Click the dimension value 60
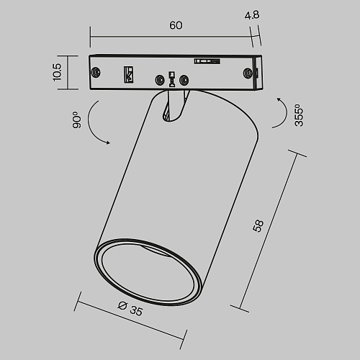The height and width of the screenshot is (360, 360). pyautogui.click(x=176, y=25)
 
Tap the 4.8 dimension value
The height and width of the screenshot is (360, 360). pyautogui.click(x=252, y=15)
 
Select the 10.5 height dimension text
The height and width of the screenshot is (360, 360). pyautogui.click(x=57, y=72)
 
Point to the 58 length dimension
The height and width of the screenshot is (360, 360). pyautogui.click(x=258, y=226)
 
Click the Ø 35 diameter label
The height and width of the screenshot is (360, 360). pyautogui.click(x=130, y=309)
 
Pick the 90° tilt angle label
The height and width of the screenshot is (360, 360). pyautogui.click(x=77, y=120)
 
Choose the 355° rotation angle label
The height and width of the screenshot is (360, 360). pyautogui.click(x=299, y=115)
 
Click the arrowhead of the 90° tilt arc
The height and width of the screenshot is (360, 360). pyautogui.click(x=108, y=143)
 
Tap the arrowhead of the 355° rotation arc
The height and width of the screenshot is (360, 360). pyautogui.click(x=279, y=99)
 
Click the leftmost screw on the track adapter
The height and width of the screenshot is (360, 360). pyautogui.click(x=96, y=72)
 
